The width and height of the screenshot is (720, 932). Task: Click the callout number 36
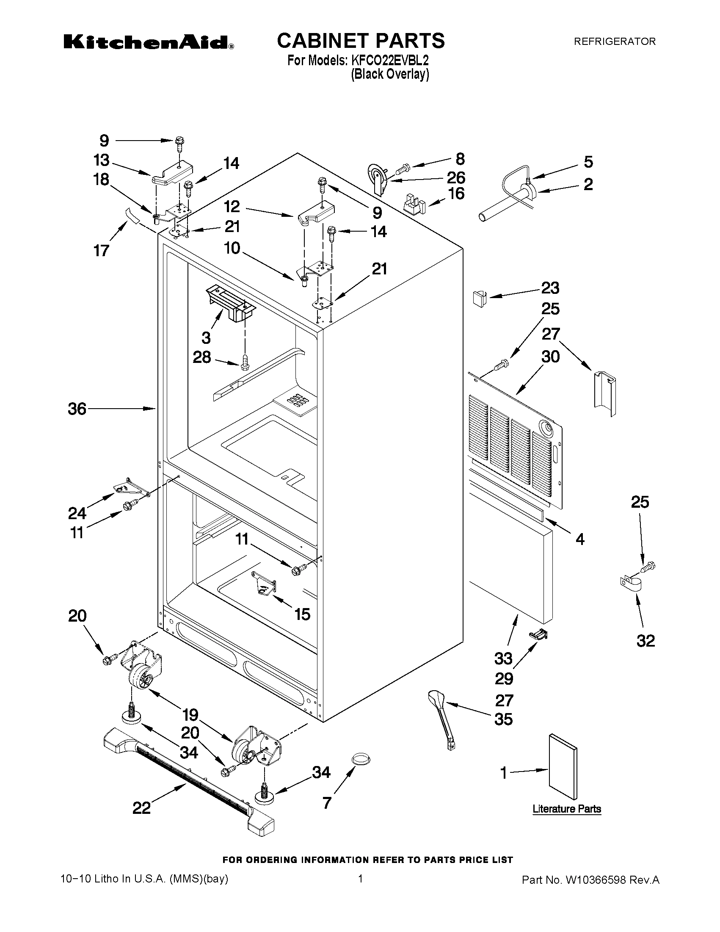(x=77, y=409)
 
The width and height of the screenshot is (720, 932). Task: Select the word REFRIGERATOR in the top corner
(x=614, y=41)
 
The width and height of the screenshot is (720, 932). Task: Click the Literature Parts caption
(x=566, y=809)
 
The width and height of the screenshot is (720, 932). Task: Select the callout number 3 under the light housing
(x=206, y=337)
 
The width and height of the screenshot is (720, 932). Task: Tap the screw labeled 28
(x=245, y=362)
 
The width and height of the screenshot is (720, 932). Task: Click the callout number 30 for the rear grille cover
(x=550, y=356)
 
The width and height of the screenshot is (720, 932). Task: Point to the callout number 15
(x=302, y=614)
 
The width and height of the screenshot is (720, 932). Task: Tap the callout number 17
(x=102, y=251)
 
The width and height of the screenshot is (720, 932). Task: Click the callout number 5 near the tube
(x=588, y=162)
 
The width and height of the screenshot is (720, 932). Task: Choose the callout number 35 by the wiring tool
(x=503, y=719)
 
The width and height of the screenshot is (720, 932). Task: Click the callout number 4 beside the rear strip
(x=579, y=539)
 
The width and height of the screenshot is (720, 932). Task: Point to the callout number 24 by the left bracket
(x=77, y=513)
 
